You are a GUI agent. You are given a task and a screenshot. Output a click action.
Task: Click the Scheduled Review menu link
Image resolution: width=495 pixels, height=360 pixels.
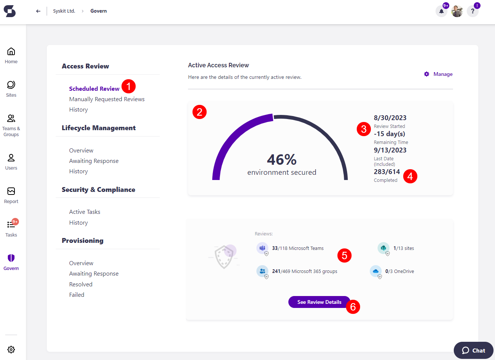pos(94,89)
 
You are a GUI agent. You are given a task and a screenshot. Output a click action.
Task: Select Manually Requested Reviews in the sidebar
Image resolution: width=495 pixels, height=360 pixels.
pos(107,99)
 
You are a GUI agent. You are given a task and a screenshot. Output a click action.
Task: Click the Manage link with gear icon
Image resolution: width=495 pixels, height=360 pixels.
pos(439,74)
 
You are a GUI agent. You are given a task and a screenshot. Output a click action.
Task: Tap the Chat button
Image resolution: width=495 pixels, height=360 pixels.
pos(473,350)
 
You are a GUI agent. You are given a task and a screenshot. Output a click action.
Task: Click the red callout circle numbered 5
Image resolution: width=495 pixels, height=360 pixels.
pos(344,255)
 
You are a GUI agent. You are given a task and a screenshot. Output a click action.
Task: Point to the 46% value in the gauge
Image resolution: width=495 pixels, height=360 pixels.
pos(282,160)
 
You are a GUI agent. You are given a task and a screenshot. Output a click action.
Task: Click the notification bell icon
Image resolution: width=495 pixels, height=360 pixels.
pos(441,11)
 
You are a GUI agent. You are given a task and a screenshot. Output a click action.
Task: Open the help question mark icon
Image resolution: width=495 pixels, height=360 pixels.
pos(473,11)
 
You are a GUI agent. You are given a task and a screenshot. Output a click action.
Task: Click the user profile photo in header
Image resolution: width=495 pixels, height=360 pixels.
pos(457,11)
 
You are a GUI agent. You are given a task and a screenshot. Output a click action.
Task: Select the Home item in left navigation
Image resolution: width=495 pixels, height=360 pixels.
pos(11,55)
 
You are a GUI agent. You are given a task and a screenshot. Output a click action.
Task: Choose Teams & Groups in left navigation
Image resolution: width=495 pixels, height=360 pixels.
pos(11,125)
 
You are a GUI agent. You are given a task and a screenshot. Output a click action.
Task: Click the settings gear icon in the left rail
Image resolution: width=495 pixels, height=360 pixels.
pos(11,350)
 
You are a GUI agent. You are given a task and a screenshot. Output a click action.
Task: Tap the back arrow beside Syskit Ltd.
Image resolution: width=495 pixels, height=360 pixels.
pos(38,11)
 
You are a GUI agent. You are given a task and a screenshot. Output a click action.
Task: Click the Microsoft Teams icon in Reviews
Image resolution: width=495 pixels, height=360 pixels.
pos(262,248)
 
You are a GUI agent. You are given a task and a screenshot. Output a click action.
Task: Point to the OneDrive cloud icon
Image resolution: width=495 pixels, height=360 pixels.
pos(376,271)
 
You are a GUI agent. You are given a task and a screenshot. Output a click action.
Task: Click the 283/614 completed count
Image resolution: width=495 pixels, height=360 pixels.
pos(387,172)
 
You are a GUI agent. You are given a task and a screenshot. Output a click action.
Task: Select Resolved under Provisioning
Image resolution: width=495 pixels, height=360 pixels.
pos(81,285)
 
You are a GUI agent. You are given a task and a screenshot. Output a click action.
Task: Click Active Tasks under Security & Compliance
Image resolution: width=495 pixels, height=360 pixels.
pos(85,212)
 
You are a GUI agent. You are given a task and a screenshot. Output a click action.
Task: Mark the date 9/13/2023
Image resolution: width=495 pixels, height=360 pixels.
pos(390,150)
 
